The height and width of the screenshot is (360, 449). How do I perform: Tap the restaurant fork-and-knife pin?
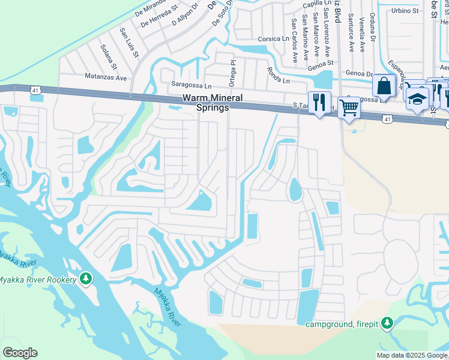click(x=319, y=101)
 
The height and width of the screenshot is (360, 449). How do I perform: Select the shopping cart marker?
click(x=349, y=107)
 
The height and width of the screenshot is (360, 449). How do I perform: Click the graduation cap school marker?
click(x=417, y=98)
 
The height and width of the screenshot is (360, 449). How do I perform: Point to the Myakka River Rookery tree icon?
click(x=86, y=279)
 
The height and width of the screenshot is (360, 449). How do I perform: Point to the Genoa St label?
click(x=321, y=62)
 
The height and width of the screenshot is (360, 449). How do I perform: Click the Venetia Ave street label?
click(x=361, y=37)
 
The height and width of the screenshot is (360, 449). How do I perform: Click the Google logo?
click(x=20, y=352)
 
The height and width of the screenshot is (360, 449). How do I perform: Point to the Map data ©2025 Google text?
click(x=412, y=355)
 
